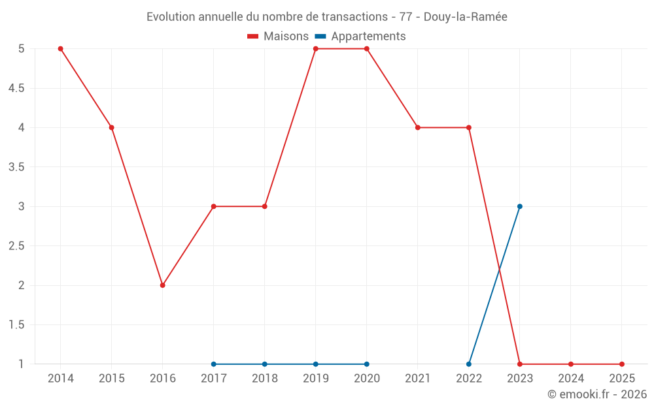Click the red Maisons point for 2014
(61, 49)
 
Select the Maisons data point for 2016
(163, 285)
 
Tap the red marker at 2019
(316, 49)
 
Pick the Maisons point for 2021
(418, 127)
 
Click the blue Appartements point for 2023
(520, 206)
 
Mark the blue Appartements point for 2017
(214, 364)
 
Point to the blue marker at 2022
(469, 364)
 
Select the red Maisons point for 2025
(622, 364)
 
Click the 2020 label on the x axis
(367, 379)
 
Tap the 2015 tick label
(112, 379)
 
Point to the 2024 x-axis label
(571, 379)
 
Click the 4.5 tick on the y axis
(16, 88)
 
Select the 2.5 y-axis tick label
(16, 246)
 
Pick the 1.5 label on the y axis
(16, 325)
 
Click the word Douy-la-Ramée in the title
(465, 17)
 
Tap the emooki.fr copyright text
(596, 394)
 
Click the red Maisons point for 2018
(265, 206)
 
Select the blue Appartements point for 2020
(367, 364)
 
